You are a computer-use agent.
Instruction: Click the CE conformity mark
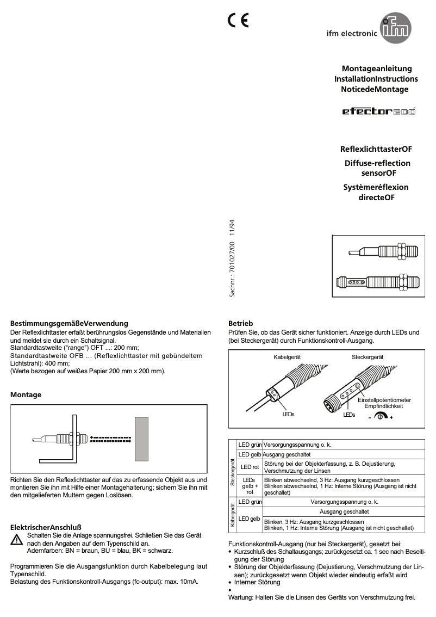click(x=238, y=20)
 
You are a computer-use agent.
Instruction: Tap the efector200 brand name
click(x=378, y=112)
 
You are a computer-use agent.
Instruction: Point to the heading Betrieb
click(x=240, y=323)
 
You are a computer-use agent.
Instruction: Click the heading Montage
click(x=26, y=394)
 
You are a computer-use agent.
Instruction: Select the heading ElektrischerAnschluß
click(x=46, y=527)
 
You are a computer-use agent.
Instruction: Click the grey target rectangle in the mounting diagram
click(x=141, y=439)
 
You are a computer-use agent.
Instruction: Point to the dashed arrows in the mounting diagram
click(x=110, y=438)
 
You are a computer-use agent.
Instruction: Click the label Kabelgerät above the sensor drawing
click(x=287, y=356)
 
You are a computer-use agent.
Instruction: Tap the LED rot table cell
click(x=249, y=466)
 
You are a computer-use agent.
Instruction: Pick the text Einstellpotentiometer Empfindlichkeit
click(x=383, y=403)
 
